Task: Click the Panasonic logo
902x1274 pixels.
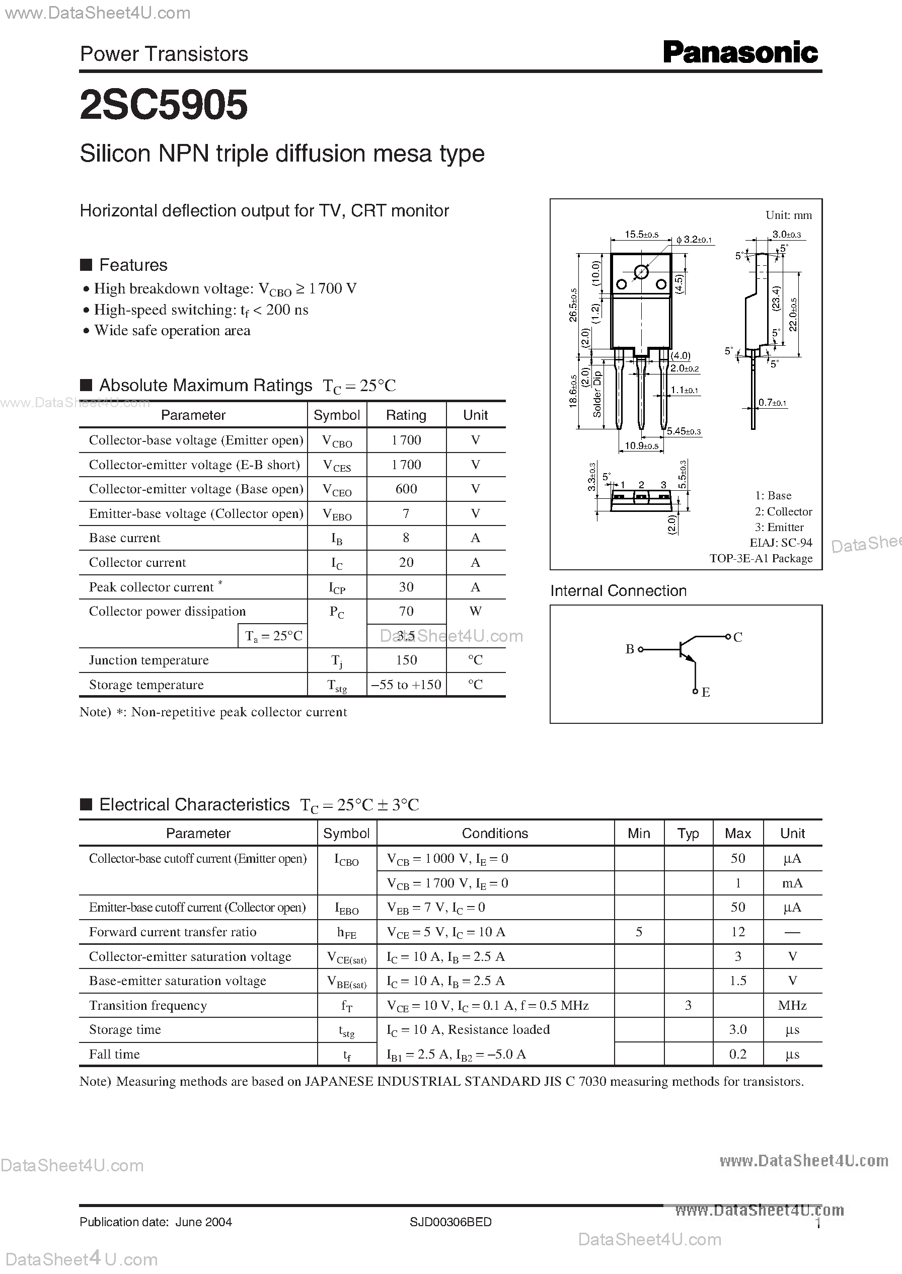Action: [740, 53]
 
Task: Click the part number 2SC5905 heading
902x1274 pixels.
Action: [164, 106]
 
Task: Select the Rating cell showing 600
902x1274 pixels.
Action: [406, 489]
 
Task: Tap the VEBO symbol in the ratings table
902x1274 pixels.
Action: [337, 514]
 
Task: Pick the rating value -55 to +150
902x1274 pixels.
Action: [406, 685]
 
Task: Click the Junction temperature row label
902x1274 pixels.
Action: [148, 660]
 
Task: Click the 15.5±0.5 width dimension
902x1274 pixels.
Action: [641, 235]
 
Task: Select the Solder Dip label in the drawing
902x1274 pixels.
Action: [597, 394]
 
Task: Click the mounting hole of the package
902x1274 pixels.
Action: [641, 272]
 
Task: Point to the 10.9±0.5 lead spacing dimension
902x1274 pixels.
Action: [641, 445]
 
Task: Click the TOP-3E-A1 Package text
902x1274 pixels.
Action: [761, 558]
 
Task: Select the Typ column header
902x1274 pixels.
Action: [688, 833]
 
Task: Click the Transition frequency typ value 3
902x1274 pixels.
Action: [688, 1005]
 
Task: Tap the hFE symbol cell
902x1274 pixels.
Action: [347, 932]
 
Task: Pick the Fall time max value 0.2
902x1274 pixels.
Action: [737, 1054]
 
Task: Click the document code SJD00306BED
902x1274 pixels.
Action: [450, 1222]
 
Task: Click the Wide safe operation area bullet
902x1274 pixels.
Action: [172, 330]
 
